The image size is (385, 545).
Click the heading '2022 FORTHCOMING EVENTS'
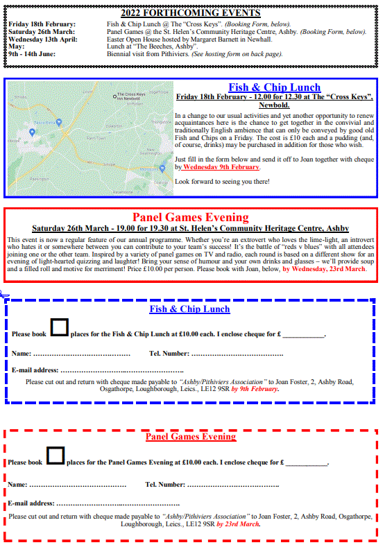(x=190, y=12)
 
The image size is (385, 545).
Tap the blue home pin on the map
(x=32, y=132)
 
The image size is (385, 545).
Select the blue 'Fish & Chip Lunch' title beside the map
(x=274, y=87)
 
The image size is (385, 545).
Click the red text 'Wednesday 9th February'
(x=221, y=167)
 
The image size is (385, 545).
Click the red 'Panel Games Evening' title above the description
(x=190, y=217)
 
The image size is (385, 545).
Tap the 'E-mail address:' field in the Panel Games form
(x=118, y=503)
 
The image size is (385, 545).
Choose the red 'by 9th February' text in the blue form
(x=255, y=389)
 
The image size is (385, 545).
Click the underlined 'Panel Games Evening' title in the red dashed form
(x=190, y=437)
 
